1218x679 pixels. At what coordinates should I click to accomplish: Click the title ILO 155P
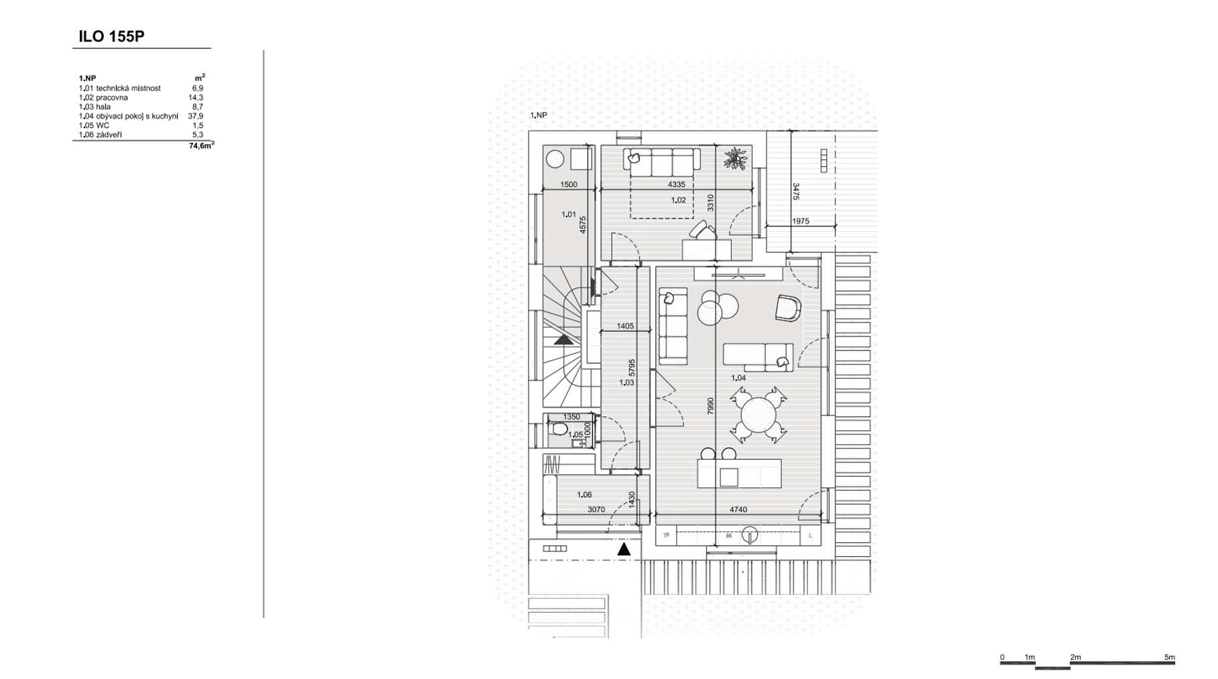pyautogui.click(x=111, y=36)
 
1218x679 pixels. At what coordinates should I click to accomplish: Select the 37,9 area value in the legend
pyautogui.click(x=196, y=116)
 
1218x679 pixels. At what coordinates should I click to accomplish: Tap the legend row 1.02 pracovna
pyautogui.click(x=103, y=97)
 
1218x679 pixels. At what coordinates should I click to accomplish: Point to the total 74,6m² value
pyautogui.click(x=201, y=145)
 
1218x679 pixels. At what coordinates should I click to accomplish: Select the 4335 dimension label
pyautogui.click(x=676, y=184)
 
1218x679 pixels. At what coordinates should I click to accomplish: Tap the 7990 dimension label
pyautogui.click(x=710, y=406)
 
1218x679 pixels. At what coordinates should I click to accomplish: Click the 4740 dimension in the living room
pyautogui.click(x=738, y=509)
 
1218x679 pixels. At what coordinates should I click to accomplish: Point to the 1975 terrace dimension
pyautogui.click(x=801, y=221)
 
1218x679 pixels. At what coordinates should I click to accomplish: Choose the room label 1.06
pyautogui.click(x=584, y=495)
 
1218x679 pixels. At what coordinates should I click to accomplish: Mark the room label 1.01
pyautogui.click(x=568, y=214)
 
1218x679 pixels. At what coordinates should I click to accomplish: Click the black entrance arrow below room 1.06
pyautogui.click(x=624, y=549)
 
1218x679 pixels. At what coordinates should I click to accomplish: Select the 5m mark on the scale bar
pyautogui.click(x=1169, y=657)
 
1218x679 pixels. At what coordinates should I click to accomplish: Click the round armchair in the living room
pyautogui.click(x=789, y=308)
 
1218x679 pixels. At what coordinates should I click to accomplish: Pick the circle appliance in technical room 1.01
pyautogui.click(x=555, y=159)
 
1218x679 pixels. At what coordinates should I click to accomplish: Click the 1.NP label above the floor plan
pyautogui.click(x=539, y=115)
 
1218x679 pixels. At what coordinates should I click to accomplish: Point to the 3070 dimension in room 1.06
pyautogui.click(x=596, y=509)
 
